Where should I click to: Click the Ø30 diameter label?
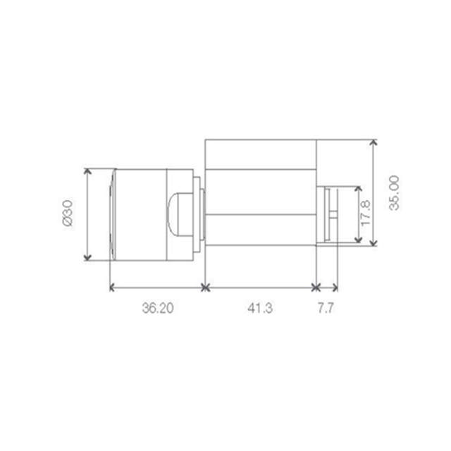point(68,214)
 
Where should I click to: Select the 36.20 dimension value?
point(157,308)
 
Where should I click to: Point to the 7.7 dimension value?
point(326,308)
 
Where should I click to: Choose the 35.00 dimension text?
point(394,192)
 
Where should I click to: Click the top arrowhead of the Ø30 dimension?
point(87,171)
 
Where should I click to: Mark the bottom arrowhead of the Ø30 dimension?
point(87,258)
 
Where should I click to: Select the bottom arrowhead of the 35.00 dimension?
point(374,243)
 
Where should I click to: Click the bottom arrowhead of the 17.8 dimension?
point(358,240)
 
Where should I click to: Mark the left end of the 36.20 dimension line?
point(112,287)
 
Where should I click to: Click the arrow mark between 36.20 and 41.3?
point(205,287)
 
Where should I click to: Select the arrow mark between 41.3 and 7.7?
point(316,287)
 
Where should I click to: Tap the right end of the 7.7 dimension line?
point(336,287)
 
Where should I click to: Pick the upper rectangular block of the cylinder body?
point(260,155)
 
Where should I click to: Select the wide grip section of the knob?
point(140,214)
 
